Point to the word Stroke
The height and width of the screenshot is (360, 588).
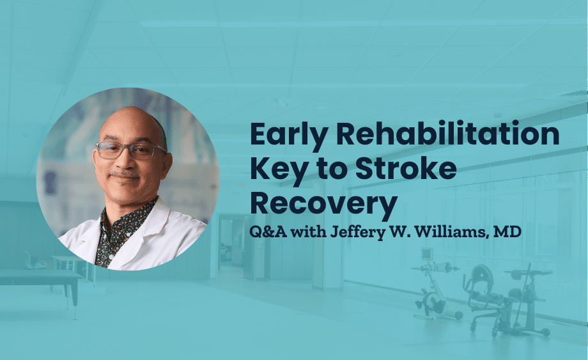coord(406,168)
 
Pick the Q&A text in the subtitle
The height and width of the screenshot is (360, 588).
coord(268,232)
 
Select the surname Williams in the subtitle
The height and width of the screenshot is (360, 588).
coord(449,232)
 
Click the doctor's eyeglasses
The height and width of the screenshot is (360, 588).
coord(131,150)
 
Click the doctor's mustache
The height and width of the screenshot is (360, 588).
coord(125,175)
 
